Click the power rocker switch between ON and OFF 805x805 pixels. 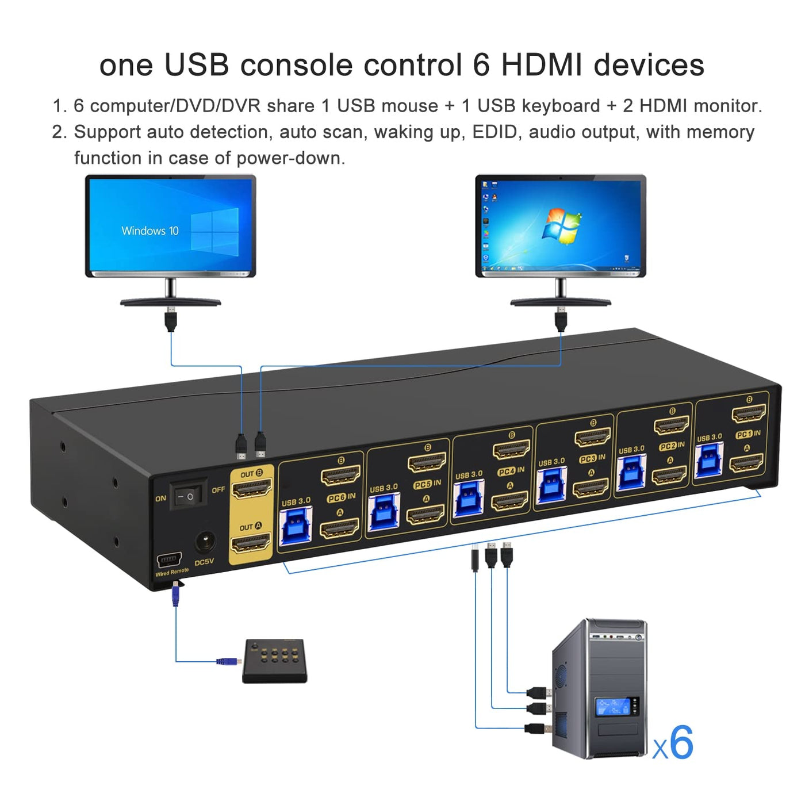click(188, 494)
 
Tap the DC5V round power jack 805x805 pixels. click(205, 542)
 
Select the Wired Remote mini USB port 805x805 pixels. click(169, 558)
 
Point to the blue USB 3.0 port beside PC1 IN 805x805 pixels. click(709, 459)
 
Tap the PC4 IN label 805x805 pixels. click(511, 471)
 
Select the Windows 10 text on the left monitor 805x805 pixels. click(150, 231)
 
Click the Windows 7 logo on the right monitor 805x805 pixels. click(561, 227)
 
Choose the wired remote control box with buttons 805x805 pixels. click(274, 661)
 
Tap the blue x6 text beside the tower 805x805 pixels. click(673, 743)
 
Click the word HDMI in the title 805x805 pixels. click(542, 65)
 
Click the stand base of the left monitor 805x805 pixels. click(170, 302)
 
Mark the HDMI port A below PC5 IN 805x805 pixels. click(425, 515)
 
